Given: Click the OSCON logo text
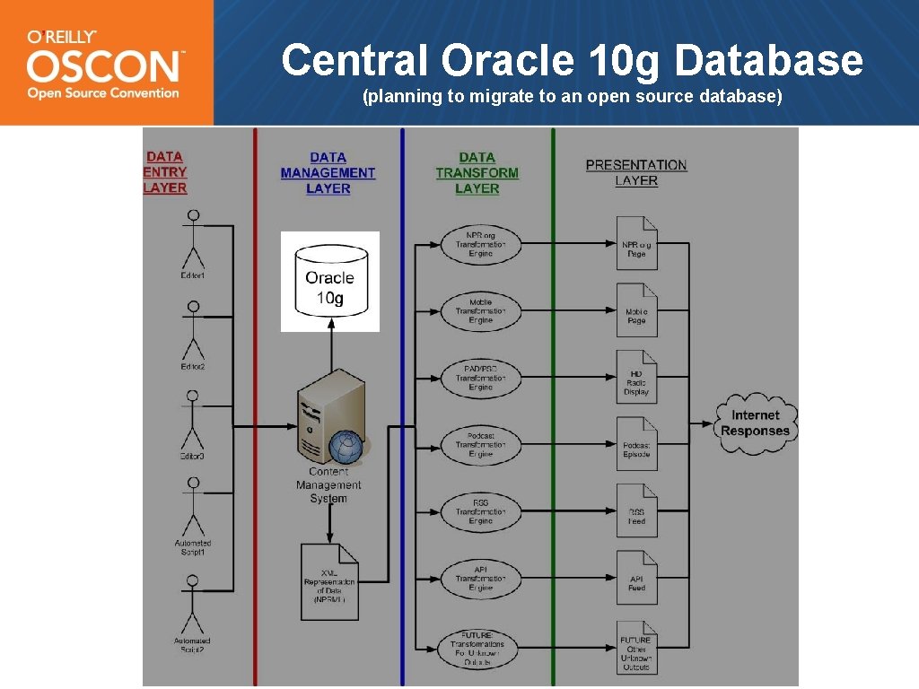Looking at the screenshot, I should pos(103,66).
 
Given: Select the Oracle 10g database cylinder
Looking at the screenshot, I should pos(329,281).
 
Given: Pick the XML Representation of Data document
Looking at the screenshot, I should pos(329,581).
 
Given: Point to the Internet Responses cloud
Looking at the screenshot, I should pos(755,423).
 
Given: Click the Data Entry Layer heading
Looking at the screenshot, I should pos(165,172).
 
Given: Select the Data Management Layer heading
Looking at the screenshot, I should pos(328,172).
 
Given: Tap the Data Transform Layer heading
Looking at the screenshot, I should pos(477,172).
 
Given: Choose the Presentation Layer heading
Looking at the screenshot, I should pos(636,172).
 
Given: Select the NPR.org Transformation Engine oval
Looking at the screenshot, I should pos(480,244).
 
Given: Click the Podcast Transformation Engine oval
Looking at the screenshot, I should pos(480,445).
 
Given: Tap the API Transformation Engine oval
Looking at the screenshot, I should pos(480,579).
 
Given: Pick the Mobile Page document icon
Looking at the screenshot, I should pos(636,310).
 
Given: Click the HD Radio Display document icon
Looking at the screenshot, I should pos(636,377).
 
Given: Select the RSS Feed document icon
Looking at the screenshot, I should pos(636,511).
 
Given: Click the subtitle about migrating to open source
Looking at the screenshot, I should pos(572,97).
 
